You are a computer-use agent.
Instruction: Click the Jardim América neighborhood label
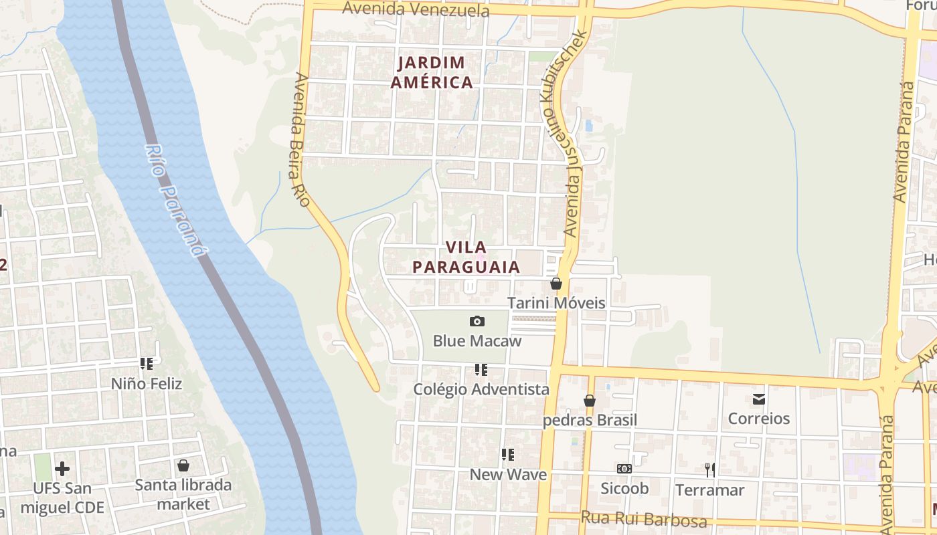(432, 73)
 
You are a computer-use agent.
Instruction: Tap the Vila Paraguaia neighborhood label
(466, 257)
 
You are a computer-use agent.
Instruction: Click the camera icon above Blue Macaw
(477, 322)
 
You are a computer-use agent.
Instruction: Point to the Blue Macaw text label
(477, 341)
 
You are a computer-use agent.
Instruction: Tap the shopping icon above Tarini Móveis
(556, 284)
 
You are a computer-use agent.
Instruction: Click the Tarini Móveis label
(556, 303)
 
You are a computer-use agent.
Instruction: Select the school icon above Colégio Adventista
(481, 370)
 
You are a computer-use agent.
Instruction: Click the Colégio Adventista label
(481, 389)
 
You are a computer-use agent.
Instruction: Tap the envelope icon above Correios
(758, 399)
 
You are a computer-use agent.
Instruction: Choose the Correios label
(758, 419)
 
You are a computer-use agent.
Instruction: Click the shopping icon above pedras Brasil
(589, 401)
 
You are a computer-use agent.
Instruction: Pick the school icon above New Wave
(508, 455)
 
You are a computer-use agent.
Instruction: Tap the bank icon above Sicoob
(624, 469)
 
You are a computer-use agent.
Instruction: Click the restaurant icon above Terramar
(709, 470)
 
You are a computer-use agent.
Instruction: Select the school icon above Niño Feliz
(146, 364)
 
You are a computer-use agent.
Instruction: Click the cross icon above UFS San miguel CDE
(62, 468)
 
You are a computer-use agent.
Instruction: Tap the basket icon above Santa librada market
(183, 465)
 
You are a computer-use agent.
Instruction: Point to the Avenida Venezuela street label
(415, 9)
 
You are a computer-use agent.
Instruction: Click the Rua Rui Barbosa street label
(643, 519)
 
